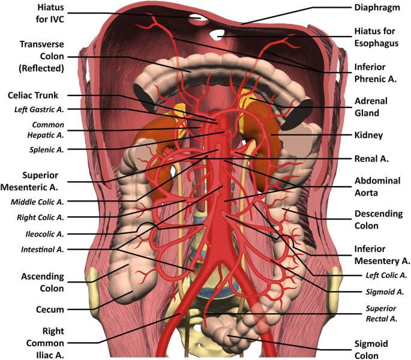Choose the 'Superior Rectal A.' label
click(x=382, y=313)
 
